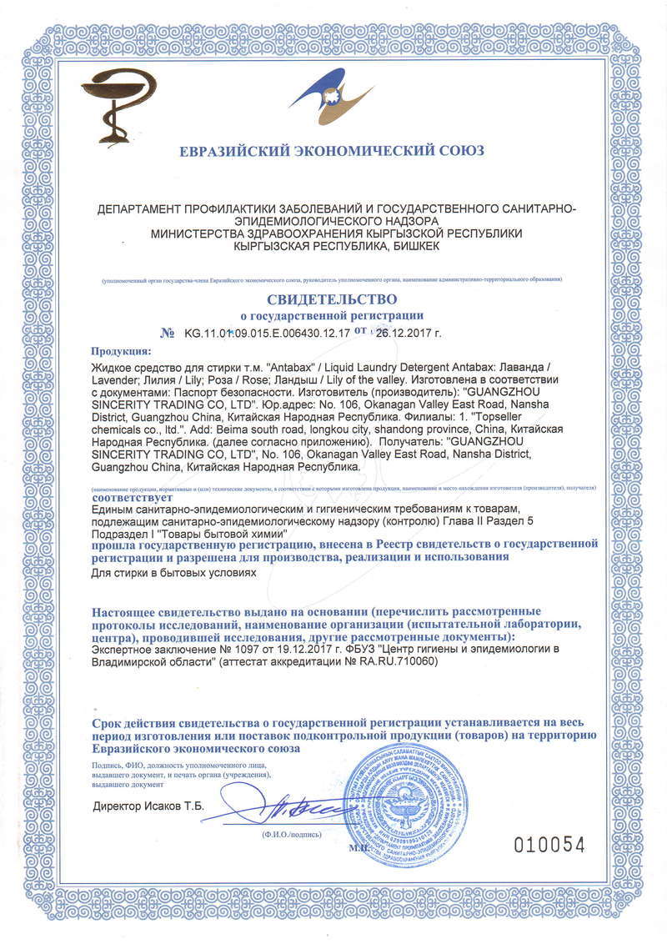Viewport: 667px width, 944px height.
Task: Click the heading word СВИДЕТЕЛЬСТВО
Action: pyautogui.click(x=332, y=299)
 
